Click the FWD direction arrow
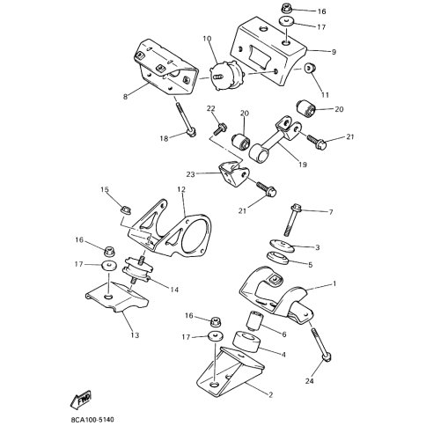pos(81,400)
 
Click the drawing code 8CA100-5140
pos(92,420)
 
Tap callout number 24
pos(310,381)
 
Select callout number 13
pos(135,335)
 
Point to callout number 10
pos(207,39)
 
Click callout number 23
pos(190,174)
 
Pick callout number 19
pos(303,165)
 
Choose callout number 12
pos(181,189)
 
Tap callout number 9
pos(334,52)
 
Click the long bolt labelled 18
pos(184,120)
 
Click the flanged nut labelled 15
pos(127,210)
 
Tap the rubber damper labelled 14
pos(137,269)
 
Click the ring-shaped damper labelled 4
pos(246,342)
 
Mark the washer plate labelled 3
pos(282,246)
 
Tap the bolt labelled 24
pos(321,345)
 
